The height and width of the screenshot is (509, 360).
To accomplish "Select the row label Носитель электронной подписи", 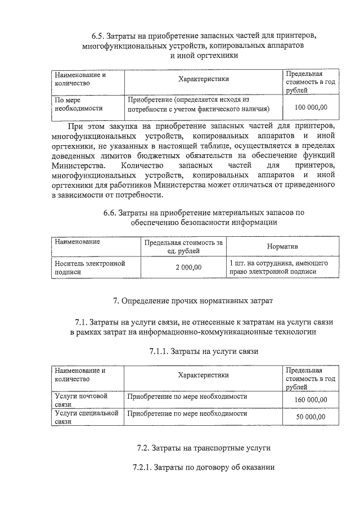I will [x=89, y=267].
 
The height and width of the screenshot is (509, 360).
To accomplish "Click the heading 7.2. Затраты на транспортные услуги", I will [x=204, y=448].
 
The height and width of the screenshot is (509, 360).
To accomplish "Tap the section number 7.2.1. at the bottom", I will [x=141, y=468].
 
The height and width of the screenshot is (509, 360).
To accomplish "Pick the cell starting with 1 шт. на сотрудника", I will [x=279, y=267].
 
